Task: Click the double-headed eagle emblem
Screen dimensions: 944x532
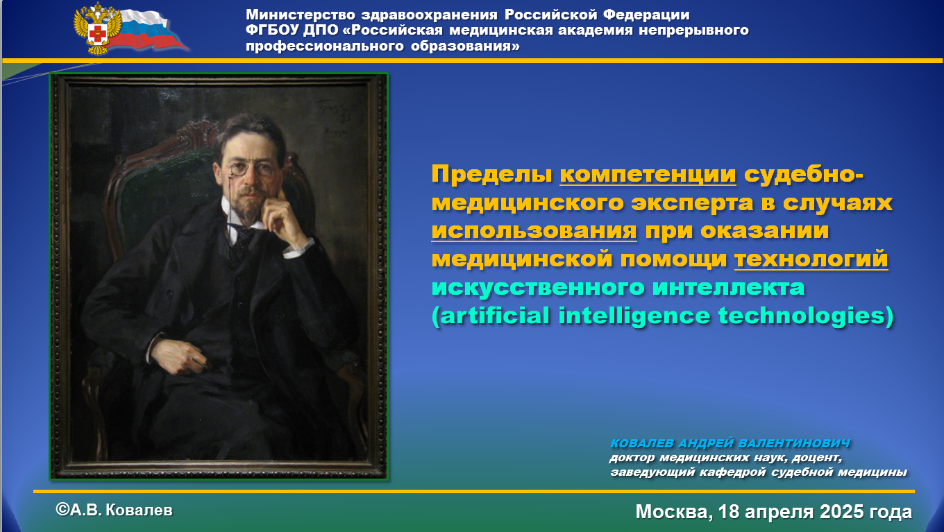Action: [98, 28]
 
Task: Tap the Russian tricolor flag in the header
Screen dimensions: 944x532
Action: [152, 31]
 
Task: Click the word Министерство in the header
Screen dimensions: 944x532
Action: [301, 15]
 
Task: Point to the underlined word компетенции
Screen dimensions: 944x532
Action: [648, 175]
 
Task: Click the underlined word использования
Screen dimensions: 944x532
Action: [534, 231]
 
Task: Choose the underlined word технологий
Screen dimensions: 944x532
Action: [811, 259]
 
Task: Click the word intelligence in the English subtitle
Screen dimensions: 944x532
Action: [634, 316]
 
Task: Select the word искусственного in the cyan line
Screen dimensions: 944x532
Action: [538, 288]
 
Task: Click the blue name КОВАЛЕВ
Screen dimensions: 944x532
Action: [642, 443]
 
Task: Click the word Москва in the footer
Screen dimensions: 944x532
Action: [674, 512]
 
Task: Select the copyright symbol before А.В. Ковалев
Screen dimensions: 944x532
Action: [62, 510]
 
